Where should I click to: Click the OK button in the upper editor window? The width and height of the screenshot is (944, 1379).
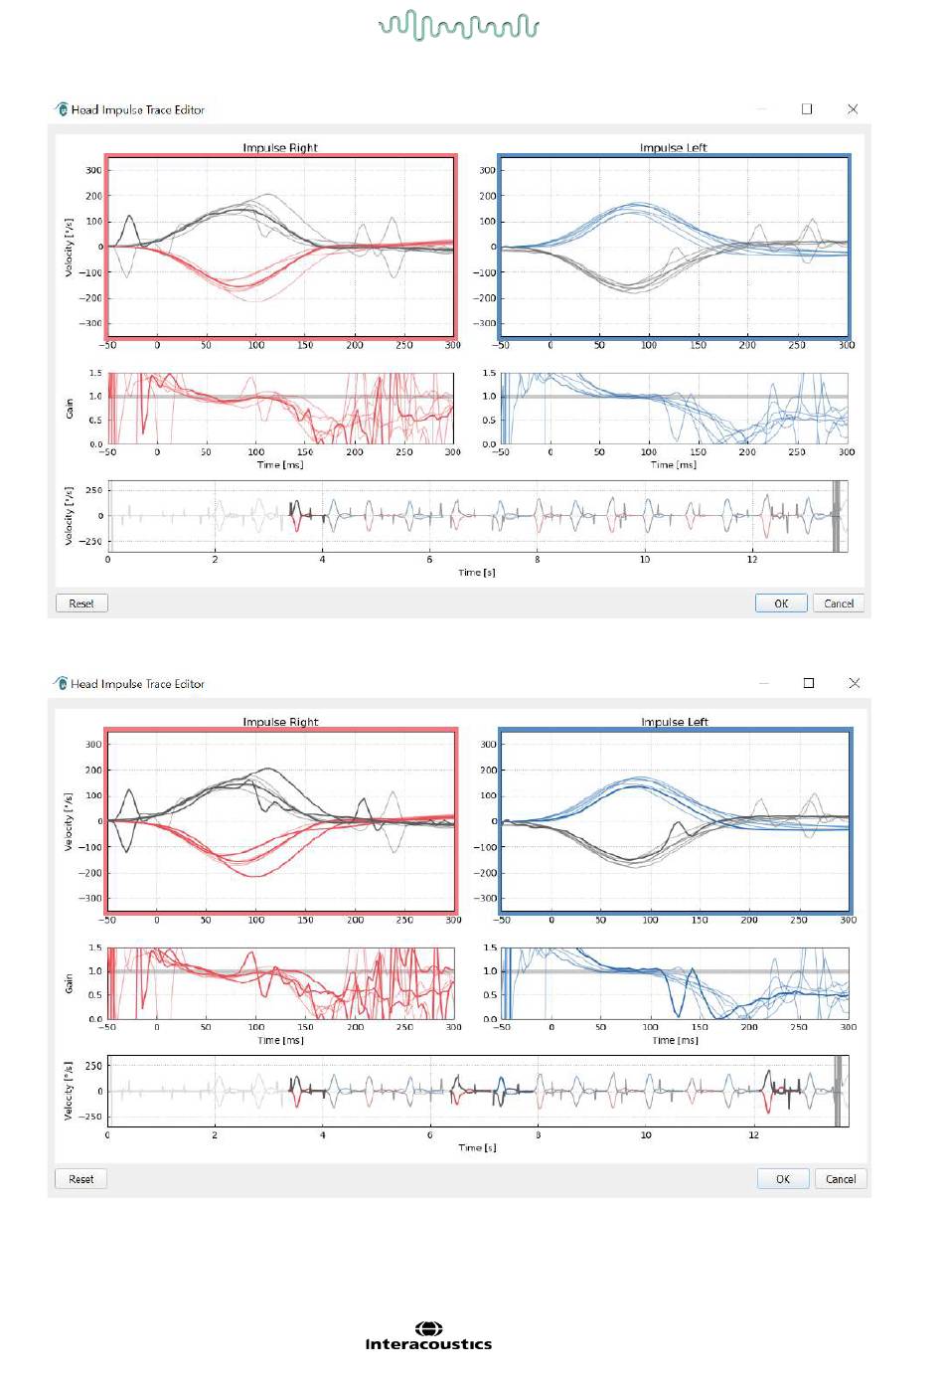tap(781, 603)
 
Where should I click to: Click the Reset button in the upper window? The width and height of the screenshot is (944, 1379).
tap(81, 603)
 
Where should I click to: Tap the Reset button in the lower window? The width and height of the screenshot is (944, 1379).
tap(81, 1179)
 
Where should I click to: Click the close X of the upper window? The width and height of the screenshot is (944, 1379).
tap(853, 109)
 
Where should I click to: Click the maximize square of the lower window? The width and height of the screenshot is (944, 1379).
tap(809, 683)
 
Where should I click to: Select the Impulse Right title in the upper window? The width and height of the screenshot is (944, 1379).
tap(280, 148)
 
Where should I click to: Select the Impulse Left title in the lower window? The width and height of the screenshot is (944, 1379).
tap(675, 722)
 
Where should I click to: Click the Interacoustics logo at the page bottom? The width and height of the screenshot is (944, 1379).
tap(428, 1337)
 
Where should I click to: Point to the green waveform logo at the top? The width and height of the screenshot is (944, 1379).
tap(458, 26)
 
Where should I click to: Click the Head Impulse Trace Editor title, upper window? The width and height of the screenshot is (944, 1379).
tap(138, 110)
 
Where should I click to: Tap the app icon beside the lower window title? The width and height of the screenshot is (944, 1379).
tap(61, 683)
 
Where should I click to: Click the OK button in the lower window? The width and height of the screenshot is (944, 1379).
tap(783, 1179)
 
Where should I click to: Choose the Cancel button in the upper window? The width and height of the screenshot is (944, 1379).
tap(839, 603)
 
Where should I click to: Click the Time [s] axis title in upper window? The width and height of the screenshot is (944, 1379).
tap(477, 573)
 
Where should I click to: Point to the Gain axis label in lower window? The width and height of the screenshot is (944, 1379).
tap(70, 982)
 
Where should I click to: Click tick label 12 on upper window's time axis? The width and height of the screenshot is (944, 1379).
tap(752, 560)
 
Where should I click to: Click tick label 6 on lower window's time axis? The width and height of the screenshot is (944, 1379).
tap(430, 1134)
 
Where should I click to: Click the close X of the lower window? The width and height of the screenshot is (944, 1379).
tap(855, 683)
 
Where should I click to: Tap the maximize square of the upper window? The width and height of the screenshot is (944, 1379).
tap(807, 109)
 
